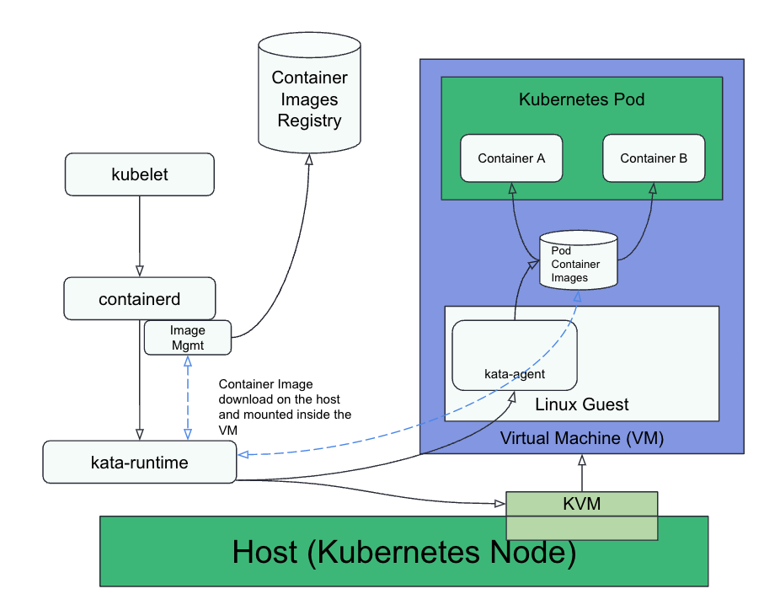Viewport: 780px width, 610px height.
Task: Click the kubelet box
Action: [140, 174]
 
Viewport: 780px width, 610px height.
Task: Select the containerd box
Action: [140, 298]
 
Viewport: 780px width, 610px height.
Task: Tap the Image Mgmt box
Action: [187, 338]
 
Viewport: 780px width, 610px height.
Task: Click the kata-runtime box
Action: [140, 462]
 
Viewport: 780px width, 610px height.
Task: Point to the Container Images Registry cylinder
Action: [309, 93]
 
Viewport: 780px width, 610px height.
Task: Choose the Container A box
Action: [511, 158]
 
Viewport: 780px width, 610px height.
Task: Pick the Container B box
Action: [654, 158]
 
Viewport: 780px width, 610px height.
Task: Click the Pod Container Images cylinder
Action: [577, 262]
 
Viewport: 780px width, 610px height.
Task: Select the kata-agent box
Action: [515, 355]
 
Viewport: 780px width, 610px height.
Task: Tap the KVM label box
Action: [581, 503]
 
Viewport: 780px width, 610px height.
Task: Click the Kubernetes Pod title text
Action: [581, 99]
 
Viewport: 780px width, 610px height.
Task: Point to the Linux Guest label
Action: [581, 404]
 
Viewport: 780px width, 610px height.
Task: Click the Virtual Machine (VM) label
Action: [581, 438]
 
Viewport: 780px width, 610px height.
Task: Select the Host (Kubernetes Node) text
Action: [403, 552]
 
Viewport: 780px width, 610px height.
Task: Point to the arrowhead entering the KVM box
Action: [499, 504]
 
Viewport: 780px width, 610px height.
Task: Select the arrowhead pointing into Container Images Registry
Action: [309, 159]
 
